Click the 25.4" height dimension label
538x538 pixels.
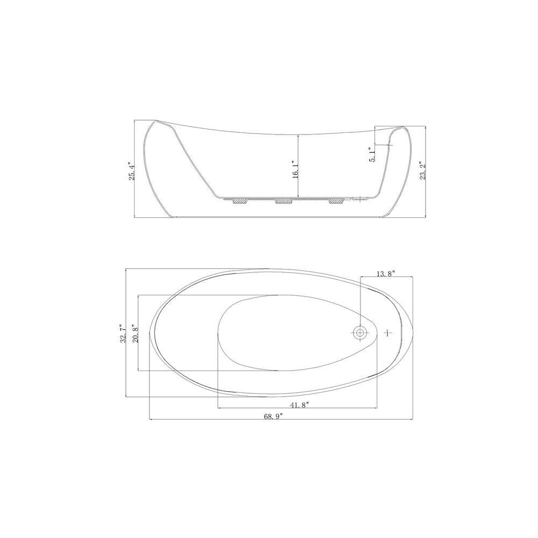132,171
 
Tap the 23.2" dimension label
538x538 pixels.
423,171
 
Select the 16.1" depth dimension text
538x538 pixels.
295,169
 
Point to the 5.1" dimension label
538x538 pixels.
372,155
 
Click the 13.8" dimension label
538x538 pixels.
386,273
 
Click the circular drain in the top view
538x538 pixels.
360,332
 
